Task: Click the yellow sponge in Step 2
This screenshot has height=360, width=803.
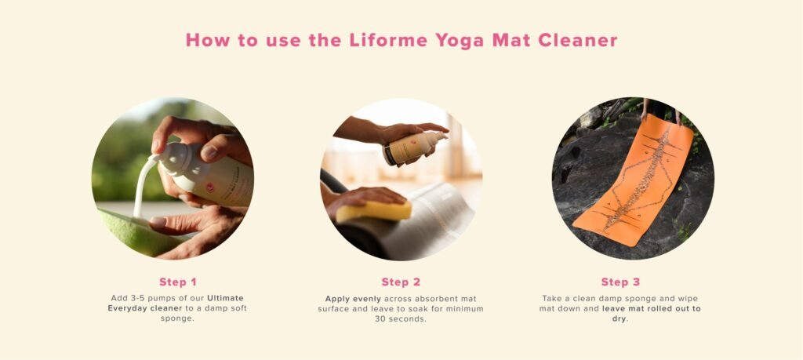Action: click(x=373, y=210)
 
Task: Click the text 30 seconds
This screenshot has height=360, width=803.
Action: click(x=401, y=319)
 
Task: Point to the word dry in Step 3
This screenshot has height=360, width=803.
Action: click(x=620, y=319)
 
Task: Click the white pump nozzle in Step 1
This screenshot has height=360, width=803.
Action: click(x=161, y=159)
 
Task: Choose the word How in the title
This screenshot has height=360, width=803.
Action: click(x=204, y=40)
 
